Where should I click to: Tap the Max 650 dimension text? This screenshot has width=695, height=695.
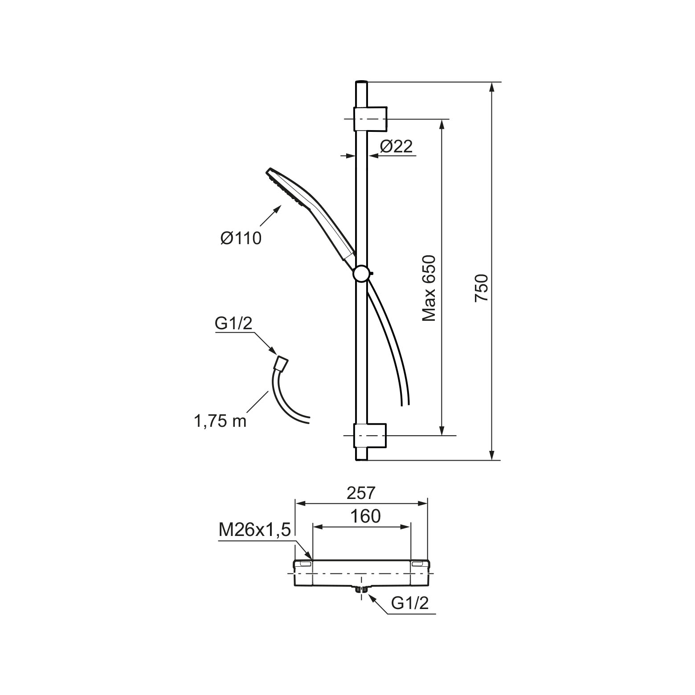coord(429,288)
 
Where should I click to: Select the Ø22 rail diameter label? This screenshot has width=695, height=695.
coord(397,146)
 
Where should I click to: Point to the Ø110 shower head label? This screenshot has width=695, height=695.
coord(241,238)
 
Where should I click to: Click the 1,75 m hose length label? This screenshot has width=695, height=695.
coord(220,421)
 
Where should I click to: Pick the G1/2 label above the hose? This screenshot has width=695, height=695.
coord(233,324)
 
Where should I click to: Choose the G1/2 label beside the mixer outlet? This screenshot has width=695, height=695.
coord(410,603)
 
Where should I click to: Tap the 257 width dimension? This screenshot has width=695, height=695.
coord(361,493)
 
